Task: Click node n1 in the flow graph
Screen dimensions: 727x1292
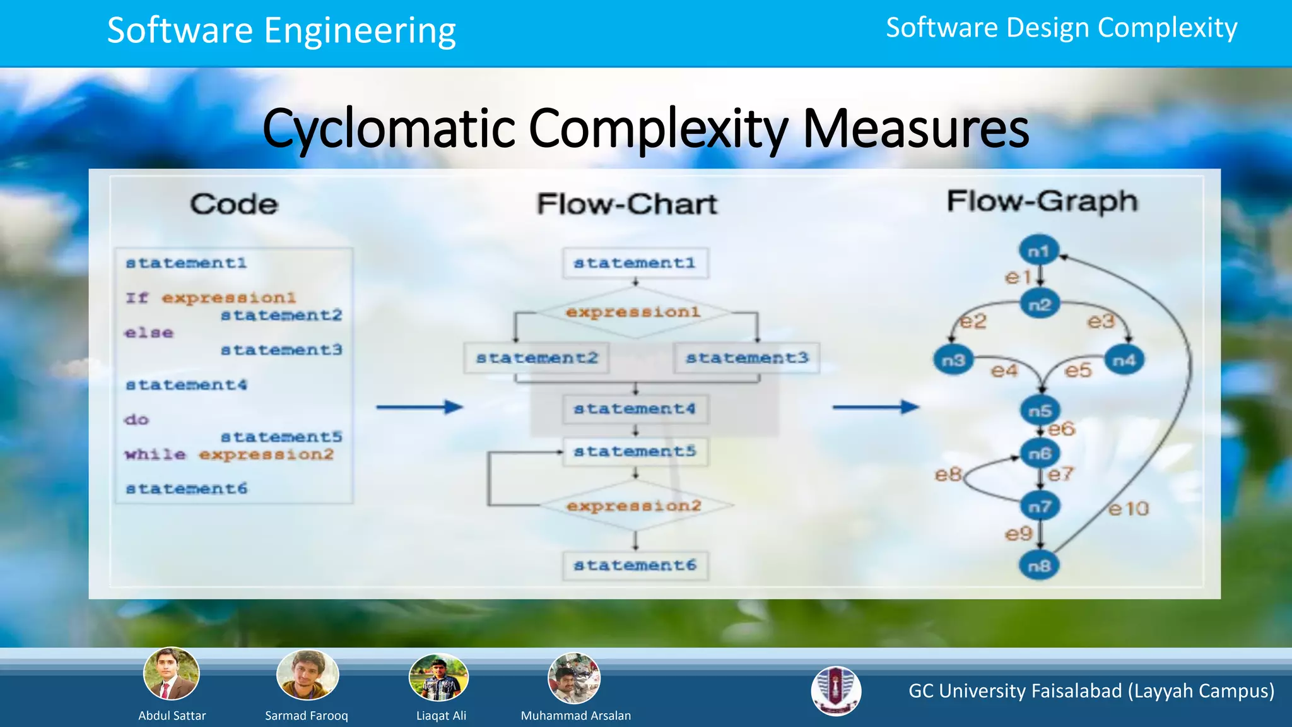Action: coord(1038,251)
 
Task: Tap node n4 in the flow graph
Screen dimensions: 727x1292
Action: coord(1124,360)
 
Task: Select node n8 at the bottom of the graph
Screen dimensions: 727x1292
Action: coord(1039,565)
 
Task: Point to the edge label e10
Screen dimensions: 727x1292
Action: coord(1129,509)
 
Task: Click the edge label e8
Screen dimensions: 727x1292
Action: coord(948,474)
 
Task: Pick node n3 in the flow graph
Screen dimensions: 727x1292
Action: coord(953,360)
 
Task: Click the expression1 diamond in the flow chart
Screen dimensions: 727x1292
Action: coord(633,312)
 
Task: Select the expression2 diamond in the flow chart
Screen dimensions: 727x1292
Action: coord(634,506)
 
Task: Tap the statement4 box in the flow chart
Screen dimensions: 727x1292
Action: coord(635,409)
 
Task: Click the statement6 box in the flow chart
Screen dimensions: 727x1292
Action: coord(635,565)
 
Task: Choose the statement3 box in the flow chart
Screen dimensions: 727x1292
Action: coord(747,358)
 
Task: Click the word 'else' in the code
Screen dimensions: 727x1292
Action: coord(149,333)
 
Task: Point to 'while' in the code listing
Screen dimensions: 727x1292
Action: coord(155,454)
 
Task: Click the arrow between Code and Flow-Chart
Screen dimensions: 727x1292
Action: coord(420,407)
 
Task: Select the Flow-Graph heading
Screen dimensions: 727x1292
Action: coord(1042,201)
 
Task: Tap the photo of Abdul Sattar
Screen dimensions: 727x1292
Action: coord(172,674)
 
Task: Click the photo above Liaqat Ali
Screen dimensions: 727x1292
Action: coord(439,678)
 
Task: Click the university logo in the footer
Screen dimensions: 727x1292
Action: coord(836,691)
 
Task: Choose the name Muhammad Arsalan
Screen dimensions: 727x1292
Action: coord(575,716)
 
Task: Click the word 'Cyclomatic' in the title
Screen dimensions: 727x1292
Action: coord(389,129)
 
